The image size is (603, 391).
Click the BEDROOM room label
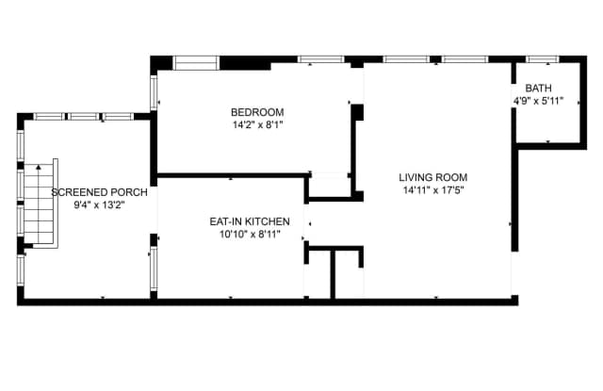click(257, 112)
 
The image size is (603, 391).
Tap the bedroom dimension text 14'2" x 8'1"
click(257, 125)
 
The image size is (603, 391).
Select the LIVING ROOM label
click(433, 178)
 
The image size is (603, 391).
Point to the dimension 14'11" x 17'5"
click(433, 190)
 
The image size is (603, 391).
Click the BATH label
click(538, 88)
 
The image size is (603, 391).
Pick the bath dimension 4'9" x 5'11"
click(538, 101)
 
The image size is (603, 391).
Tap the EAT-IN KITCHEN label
click(250, 221)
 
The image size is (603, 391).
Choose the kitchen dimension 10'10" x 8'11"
click(250, 234)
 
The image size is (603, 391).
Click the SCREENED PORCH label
click(99, 192)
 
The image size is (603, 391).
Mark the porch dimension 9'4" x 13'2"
click(99, 204)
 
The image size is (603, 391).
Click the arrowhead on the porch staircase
click(39, 167)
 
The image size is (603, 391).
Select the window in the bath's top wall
click(543, 59)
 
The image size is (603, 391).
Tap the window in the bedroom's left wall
click(154, 92)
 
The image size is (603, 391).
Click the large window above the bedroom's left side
click(196, 63)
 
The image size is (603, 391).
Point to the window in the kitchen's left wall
click(154, 268)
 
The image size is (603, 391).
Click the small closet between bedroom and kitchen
click(331, 186)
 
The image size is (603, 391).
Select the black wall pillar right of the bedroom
click(358, 112)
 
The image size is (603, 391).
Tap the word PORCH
click(128, 192)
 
